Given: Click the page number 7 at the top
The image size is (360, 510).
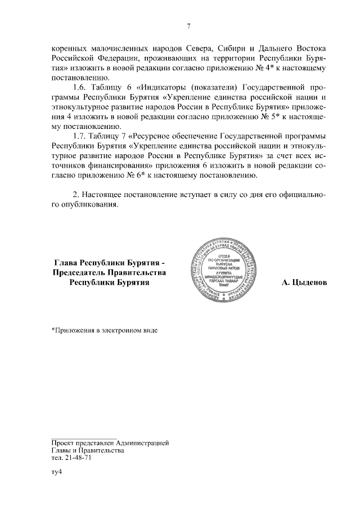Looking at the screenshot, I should pos(189,25).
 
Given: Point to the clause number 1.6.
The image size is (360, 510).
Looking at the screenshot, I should pos(82,88).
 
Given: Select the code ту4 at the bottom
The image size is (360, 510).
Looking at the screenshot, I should pos(56,473).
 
